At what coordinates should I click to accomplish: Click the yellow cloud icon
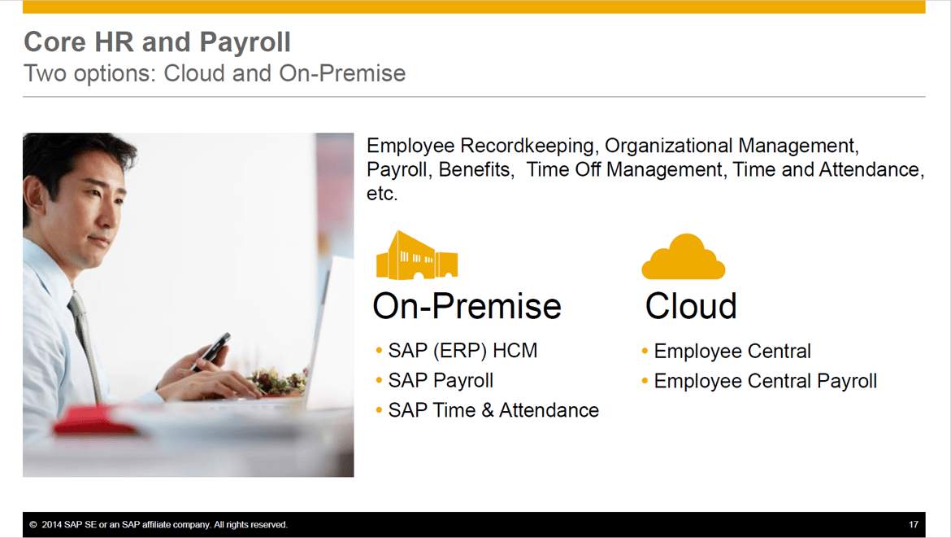tap(684, 258)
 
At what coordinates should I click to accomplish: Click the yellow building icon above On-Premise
tap(416, 256)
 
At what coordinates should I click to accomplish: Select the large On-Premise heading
tap(467, 306)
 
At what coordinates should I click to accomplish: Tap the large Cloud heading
tap(691, 306)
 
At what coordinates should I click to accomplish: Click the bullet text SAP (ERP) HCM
tap(462, 351)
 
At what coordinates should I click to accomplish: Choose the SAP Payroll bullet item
tap(441, 380)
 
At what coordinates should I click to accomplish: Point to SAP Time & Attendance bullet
tap(493, 410)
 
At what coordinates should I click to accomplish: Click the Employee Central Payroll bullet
tap(765, 381)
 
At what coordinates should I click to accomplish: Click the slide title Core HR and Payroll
tap(157, 42)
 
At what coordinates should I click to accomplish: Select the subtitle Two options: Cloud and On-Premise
tap(215, 73)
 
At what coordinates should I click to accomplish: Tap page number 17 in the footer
tap(914, 525)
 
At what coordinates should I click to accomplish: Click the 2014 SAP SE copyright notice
tap(158, 525)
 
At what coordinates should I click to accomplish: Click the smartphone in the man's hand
tap(212, 351)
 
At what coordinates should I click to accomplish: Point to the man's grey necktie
tap(84, 334)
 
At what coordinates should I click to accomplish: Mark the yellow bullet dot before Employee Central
tap(645, 351)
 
